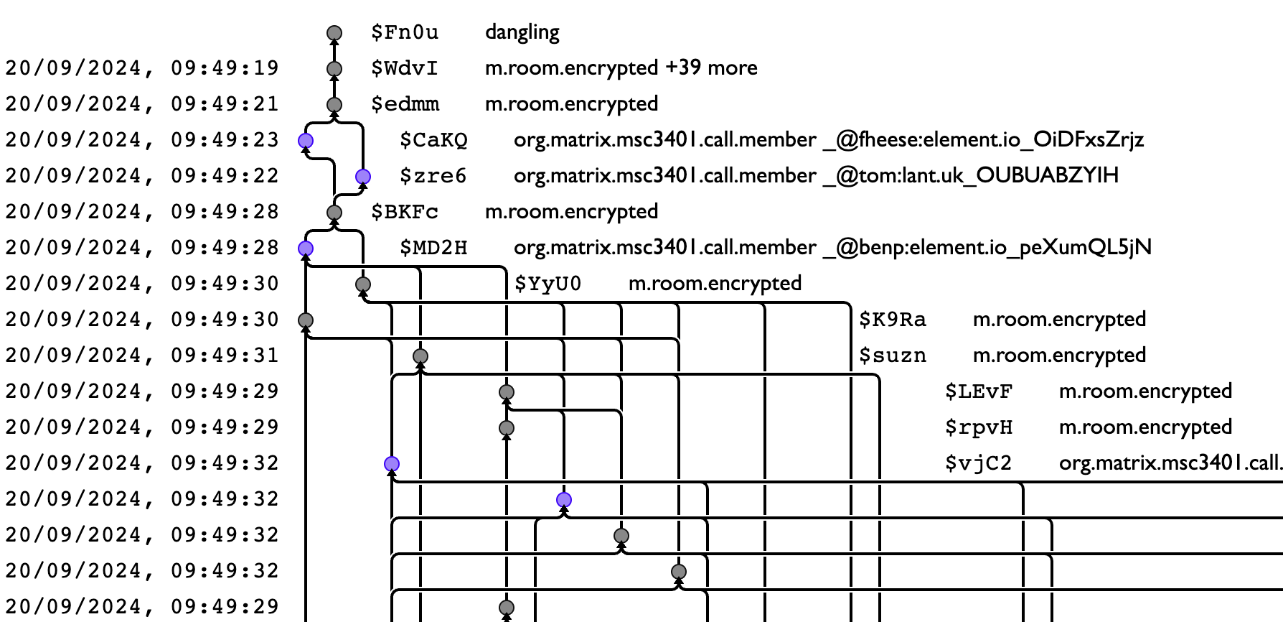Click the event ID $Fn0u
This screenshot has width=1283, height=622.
tap(404, 32)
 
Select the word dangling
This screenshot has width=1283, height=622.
tap(522, 32)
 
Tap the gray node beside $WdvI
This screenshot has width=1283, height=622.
tap(334, 69)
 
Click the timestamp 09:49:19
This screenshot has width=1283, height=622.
tap(224, 68)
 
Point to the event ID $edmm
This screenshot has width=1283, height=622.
tap(404, 104)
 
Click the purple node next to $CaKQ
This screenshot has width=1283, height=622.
tap(306, 141)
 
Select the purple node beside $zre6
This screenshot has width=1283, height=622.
tap(363, 177)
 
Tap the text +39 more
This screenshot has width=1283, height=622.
tap(711, 68)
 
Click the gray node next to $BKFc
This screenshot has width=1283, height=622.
tap(334, 213)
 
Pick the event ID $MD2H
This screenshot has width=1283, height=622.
tap(433, 248)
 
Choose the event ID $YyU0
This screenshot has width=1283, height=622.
tap(547, 284)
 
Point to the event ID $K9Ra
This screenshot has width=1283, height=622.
tap(892, 320)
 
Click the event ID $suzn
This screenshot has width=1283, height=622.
tap(892, 356)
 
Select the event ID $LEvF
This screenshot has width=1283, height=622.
tap(978, 391)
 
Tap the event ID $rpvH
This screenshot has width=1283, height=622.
tap(978, 427)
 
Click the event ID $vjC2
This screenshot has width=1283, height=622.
tap(978, 463)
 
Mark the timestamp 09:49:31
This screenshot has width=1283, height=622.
tap(224, 356)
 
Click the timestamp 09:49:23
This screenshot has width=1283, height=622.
tap(224, 140)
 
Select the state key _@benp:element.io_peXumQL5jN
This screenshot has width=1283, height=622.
tap(987, 248)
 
